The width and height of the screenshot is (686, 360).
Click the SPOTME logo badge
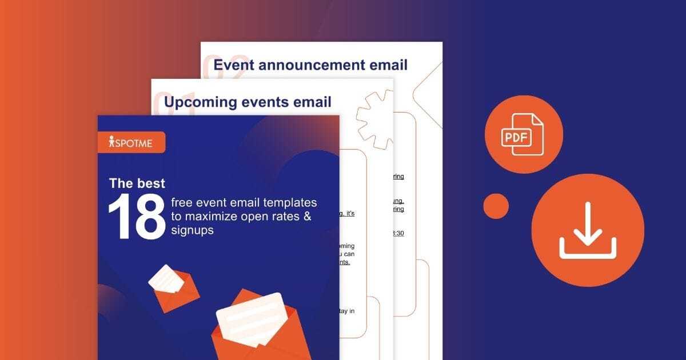131,142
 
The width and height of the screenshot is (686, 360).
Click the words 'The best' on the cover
137,183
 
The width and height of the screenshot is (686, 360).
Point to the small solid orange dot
496,206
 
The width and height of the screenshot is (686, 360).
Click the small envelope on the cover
173,287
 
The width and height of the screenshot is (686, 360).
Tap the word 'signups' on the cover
192,230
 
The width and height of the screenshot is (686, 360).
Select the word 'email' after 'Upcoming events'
312,102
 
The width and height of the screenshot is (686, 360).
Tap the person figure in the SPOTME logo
111,142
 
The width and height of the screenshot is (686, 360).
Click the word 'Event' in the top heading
234,65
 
